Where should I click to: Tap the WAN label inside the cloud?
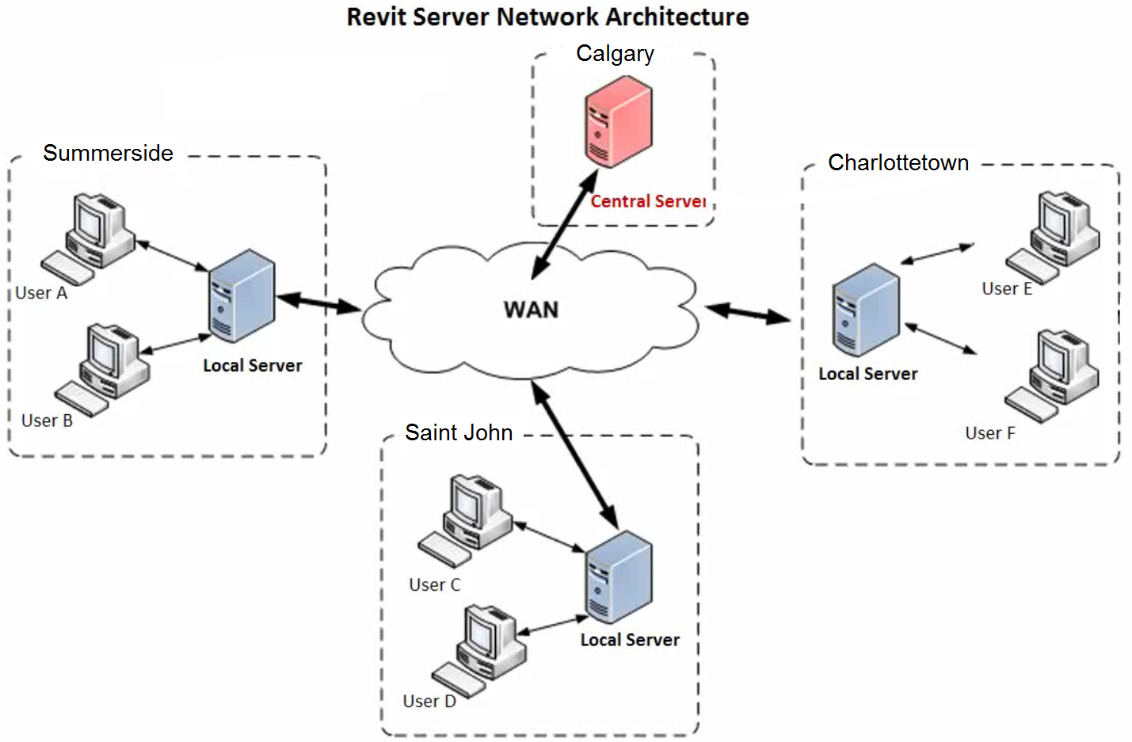point(531,310)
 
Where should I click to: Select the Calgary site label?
point(615,53)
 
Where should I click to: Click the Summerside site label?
point(108,153)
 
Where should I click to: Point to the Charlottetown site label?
point(898,162)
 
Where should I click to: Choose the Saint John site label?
point(459,432)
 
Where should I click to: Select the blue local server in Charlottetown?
point(866,310)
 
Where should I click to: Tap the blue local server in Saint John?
point(619,576)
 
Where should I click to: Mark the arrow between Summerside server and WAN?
point(319,303)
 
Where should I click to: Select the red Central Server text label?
point(647,201)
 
